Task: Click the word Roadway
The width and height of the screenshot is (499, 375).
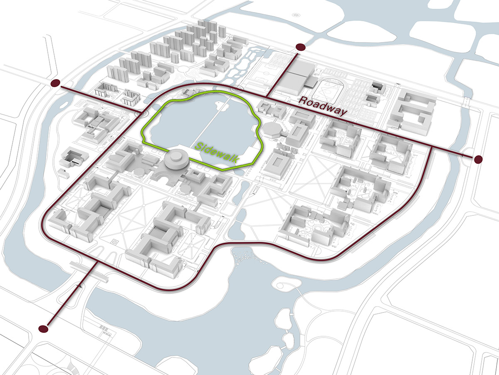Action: pos(323,106)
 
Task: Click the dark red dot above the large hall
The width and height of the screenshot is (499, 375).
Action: pos(300,47)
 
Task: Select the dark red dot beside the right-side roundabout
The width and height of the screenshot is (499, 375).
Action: pos(478,159)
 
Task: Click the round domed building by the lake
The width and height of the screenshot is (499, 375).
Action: pos(176,158)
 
